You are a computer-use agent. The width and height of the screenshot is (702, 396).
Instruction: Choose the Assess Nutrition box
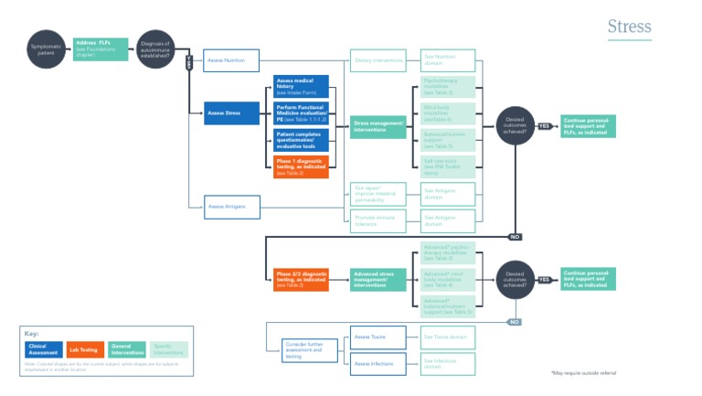(232, 60)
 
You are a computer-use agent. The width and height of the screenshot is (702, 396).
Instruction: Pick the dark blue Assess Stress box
(232, 113)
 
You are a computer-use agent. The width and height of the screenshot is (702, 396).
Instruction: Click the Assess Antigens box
(232, 207)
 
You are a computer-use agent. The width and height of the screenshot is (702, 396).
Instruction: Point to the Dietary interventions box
(379, 60)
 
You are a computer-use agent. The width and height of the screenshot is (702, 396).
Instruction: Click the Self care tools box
(448, 166)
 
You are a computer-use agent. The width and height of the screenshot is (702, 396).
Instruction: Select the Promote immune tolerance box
(379, 220)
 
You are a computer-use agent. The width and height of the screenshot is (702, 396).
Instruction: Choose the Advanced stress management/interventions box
(379, 280)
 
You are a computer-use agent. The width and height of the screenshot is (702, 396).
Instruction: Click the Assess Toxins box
(379, 337)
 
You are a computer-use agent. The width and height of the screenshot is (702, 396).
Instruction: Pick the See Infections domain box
(448, 363)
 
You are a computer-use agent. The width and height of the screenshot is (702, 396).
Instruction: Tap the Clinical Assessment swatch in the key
(43, 348)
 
